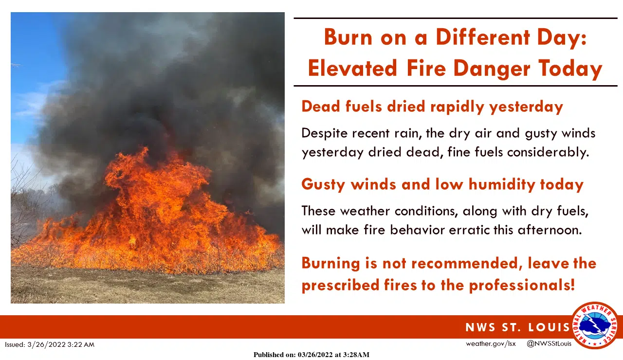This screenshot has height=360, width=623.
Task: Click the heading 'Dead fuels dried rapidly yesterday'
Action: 432,106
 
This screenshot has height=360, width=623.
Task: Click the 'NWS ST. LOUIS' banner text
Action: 517,327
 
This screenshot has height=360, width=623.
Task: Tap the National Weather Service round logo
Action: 595,325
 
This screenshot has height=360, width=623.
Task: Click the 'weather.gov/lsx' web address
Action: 491,344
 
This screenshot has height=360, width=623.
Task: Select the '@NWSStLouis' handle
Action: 549,344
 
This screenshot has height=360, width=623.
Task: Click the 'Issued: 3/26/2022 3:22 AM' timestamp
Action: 50,344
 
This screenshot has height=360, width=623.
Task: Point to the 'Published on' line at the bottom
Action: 311,355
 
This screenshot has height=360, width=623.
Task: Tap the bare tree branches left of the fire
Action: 27,204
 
